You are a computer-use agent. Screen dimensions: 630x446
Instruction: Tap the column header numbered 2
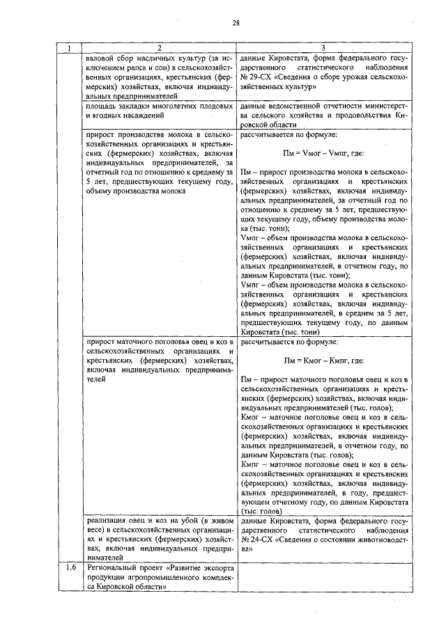click(x=160, y=48)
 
